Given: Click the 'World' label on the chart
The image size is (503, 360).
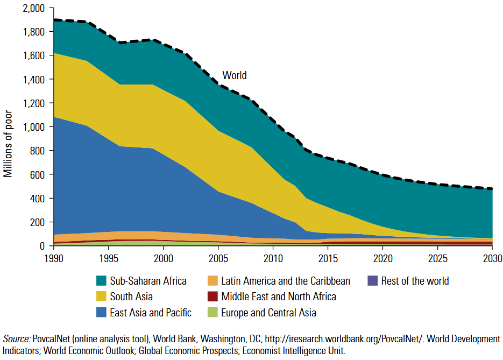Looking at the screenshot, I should click(235, 75).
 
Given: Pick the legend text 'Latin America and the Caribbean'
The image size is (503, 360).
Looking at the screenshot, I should click(286, 281).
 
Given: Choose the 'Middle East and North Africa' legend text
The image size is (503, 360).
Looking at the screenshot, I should click(279, 297).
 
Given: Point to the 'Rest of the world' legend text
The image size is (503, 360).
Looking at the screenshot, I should click(415, 281).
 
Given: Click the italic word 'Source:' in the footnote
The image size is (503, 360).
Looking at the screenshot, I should click(16, 339).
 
